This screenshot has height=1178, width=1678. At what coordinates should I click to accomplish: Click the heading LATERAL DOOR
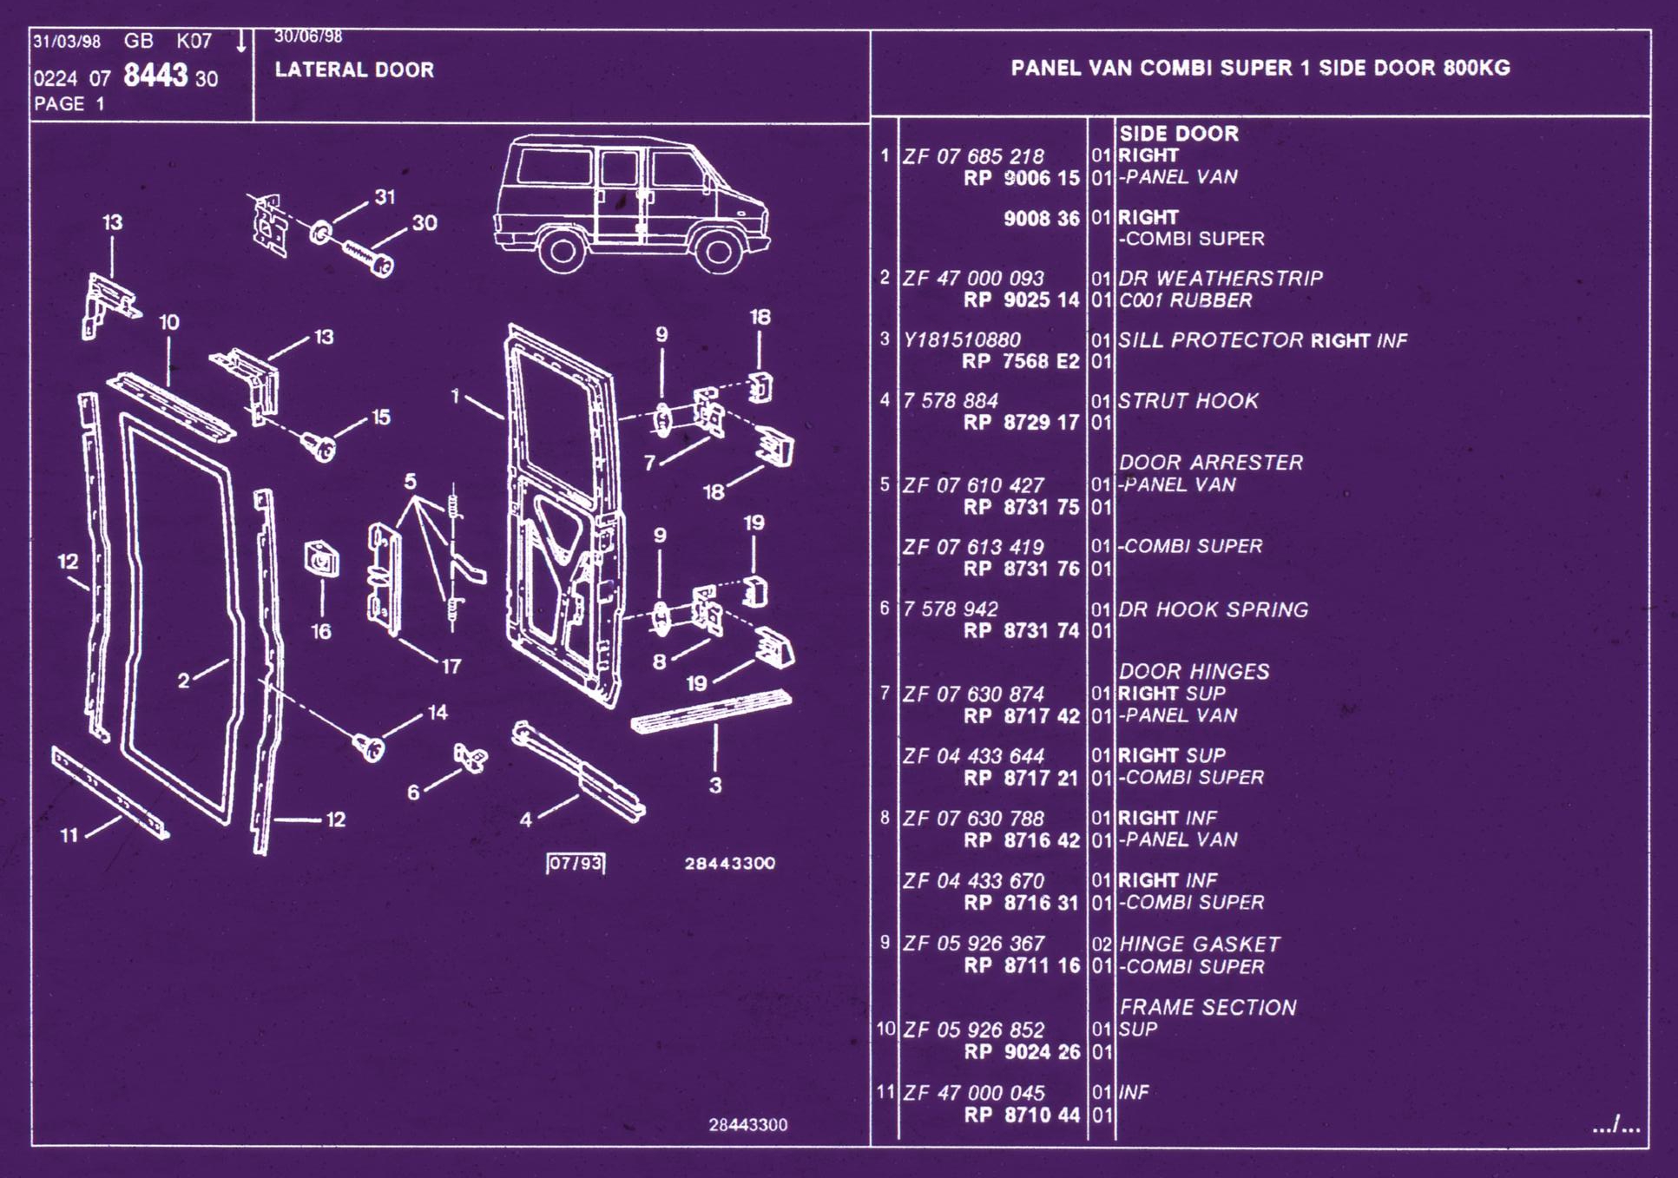tap(354, 69)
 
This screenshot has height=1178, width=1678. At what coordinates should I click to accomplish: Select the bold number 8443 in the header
tap(155, 76)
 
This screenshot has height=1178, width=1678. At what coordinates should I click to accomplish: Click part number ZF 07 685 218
tap(973, 156)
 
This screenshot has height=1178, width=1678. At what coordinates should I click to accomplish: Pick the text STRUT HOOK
tap(1188, 401)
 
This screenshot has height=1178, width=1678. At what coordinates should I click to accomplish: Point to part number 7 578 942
tap(951, 609)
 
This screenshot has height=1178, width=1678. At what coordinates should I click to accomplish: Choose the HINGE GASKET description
tap(1199, 944)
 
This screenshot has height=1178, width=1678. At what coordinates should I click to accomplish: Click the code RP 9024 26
tap(1022, 1052)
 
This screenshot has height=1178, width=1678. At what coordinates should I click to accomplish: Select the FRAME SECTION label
tap(1208, 1007)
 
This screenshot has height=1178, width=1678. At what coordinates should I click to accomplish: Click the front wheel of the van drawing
tap(718, 251)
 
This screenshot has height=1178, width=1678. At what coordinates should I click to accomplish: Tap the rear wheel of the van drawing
tap(562, 251)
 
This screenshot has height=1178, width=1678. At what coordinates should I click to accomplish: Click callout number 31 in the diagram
tap(385, 197)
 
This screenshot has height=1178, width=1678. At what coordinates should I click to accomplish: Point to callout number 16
tap(321, 631)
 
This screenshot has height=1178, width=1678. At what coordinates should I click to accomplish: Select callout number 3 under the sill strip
tap(714, 786)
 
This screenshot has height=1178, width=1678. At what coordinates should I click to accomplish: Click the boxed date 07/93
tap(576, 863)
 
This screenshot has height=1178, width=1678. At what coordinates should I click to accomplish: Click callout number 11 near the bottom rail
tap(69, 835)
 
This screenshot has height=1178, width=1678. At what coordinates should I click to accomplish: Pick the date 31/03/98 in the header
tap(67, 42)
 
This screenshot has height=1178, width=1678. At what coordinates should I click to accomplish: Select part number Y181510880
tap(962, 339)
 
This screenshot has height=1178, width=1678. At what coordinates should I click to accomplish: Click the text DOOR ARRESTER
tap(1210, 463)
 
